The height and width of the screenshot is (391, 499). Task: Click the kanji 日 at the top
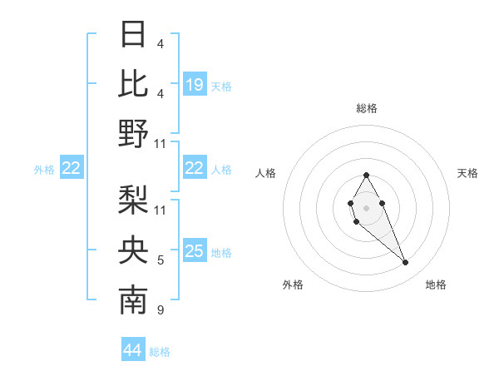pos(134,34)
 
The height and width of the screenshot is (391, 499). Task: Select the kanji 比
pos(134,84)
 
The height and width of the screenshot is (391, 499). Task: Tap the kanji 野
pos(134,134)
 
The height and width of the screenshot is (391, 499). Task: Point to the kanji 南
pos(134,301)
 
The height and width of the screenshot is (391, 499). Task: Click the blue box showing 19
pos(195,84)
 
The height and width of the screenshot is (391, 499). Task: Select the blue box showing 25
pos(195,251)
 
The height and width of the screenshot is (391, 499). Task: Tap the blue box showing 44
pos(133,350)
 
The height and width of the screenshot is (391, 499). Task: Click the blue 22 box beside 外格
pos(72,169)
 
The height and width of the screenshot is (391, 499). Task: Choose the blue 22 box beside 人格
pos(195,168)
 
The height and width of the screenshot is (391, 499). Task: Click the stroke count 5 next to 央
pos(161,261)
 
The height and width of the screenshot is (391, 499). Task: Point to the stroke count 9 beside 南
pos(161,311)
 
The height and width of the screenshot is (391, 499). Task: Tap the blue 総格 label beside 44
pos(160,352)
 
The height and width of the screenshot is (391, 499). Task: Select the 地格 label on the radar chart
pos(436,285)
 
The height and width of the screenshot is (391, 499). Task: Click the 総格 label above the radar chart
pos(366,108)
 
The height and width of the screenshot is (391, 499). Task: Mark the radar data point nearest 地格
pos(405,263)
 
